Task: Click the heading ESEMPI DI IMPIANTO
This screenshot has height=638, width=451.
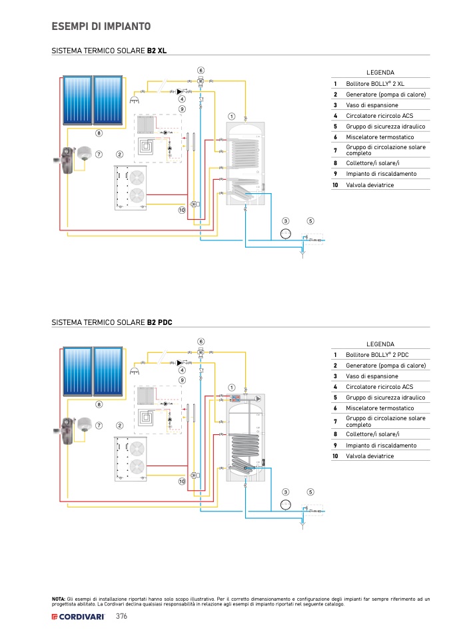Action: point(101,27)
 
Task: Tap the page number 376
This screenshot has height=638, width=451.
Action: point(121,617)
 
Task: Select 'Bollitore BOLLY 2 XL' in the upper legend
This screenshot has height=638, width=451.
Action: point(375,84)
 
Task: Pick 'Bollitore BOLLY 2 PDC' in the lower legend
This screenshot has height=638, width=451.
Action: point(377,355)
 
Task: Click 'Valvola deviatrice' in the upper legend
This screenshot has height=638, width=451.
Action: point(370,184)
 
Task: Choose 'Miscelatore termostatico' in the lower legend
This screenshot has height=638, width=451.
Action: point(380,408)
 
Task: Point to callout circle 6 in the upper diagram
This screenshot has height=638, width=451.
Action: point(201,70)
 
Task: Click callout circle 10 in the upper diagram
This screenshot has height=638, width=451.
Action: point(181,210)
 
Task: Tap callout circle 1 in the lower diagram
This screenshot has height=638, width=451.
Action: point(232,387)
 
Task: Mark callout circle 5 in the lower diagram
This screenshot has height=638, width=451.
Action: point(310,492)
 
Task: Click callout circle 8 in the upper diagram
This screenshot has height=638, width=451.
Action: point(99,133)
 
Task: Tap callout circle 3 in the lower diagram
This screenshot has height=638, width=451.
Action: point(286,492)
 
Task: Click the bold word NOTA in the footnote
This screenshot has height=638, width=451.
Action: point(59,599)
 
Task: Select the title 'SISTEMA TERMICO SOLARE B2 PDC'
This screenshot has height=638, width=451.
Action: point(112,322)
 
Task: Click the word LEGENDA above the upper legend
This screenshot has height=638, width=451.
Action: point(380,72)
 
